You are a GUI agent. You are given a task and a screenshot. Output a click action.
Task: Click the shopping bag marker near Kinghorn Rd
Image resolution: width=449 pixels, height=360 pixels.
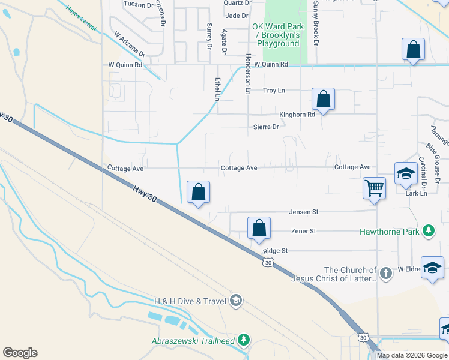coord(323,100)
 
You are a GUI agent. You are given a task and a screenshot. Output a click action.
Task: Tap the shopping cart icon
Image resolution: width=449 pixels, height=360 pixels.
coord(374,188)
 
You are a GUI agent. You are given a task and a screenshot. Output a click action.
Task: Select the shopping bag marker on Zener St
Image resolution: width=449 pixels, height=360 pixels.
coord(259,229)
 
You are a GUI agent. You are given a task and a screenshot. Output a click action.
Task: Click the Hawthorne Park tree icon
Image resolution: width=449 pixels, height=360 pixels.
coord(429,230)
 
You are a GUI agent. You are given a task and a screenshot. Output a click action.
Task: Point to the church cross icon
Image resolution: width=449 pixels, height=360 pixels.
coord(385,274)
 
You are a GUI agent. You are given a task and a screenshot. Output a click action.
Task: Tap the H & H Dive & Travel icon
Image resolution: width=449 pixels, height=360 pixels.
coord(236,301)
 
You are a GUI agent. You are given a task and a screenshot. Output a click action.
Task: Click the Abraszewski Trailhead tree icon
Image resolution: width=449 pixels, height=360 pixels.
coord(243,341)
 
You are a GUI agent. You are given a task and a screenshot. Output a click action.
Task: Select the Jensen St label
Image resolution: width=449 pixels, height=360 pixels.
coord(303,212)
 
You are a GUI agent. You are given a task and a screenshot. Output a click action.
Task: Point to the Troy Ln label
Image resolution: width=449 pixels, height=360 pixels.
coord(274,91)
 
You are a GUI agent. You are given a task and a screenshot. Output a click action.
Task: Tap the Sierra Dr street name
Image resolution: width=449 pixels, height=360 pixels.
coord(266,127)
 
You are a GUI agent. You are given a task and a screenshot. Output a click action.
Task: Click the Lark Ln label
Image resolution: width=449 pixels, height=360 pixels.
coord(416,193)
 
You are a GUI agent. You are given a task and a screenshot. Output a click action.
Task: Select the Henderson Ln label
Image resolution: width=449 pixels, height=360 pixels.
coord(247,73)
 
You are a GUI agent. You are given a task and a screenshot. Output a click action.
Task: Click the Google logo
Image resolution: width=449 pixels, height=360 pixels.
coord(20,353)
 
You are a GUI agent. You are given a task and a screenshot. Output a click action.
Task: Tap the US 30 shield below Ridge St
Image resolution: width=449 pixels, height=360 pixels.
coord(268,262)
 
